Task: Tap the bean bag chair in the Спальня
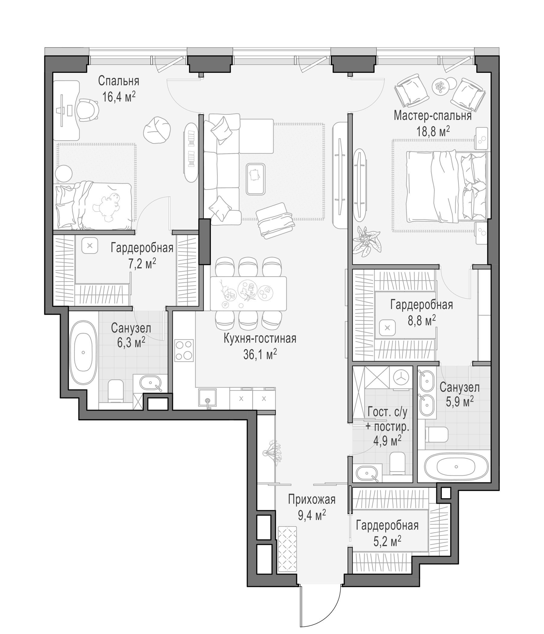pos(157,130)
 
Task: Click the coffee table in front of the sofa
pos(255,179)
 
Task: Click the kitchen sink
pos(207,398)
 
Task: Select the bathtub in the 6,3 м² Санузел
pos(83,353)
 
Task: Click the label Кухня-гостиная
pos(260,339)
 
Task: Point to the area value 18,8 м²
pos(433,131)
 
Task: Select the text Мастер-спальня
pos(432,116)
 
